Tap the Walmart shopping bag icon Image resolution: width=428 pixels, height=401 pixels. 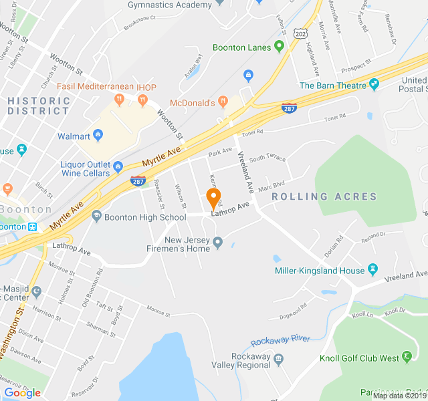[x=98, y=136]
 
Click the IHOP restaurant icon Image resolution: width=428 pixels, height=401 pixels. [x=142, y=100]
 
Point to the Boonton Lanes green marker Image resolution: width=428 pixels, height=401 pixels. [x=279, y=47]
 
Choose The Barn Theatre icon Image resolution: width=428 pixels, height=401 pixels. [x=374, y=86]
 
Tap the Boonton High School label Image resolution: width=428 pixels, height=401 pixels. [x=144, y=217]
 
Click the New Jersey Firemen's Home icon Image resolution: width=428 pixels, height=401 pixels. [x=217, y=249]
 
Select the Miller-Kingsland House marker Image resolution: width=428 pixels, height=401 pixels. [x=373, y=271]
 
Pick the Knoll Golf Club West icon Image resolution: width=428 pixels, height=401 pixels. [x=407, y=358]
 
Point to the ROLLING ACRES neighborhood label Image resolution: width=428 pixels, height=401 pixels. [x=324, y=196]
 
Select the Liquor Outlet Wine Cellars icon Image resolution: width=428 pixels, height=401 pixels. [x=118, y=166]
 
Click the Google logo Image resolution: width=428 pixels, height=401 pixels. [x=22, y=393]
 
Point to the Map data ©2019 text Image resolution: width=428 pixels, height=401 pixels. [x=399, y=396]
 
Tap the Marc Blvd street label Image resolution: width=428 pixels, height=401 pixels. [x=272, y=185]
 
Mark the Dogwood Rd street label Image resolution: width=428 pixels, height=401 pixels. [x=294, y=308]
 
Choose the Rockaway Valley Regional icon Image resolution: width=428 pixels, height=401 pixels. [x=279, y=359]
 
